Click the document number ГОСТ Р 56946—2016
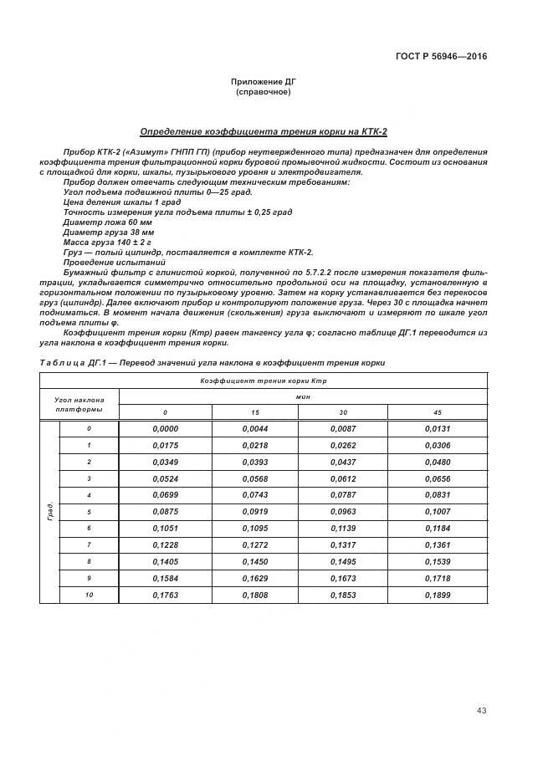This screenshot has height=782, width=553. tap(441, 57)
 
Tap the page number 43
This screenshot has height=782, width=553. tap(481, 711)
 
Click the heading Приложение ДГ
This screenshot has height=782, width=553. tap(263, 82)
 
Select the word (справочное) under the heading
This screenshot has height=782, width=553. tap(263, 92)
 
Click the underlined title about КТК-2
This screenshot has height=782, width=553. tap(263, 131)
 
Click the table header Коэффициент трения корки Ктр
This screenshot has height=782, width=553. tap(263, 381)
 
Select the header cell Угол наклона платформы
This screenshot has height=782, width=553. tap(79, 405)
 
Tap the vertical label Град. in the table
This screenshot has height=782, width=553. tap(49, 511)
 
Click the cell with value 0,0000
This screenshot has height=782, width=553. tap(166, 429)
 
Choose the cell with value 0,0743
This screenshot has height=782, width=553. tap(255, 495)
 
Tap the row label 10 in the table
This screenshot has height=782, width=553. tap(89, 595)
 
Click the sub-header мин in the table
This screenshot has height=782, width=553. tap(303, 396)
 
